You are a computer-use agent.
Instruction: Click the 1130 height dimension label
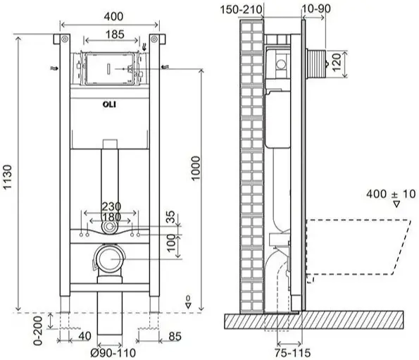tap(7, 178)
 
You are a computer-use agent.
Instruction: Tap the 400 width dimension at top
tap(113, 17)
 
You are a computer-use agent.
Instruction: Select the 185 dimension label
tap(115, 35)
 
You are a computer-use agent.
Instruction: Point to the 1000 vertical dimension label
tap(196, 168)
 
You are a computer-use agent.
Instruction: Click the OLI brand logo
tap(109, 104)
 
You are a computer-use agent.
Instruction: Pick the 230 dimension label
tap(111, 206)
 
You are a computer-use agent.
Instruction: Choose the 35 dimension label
tap(171, 217)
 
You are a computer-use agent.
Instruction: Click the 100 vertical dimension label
tap(171, 243)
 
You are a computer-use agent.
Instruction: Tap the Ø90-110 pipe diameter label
tap(113, 353)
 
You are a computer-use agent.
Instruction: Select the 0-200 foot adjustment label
tap(38, 331)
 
